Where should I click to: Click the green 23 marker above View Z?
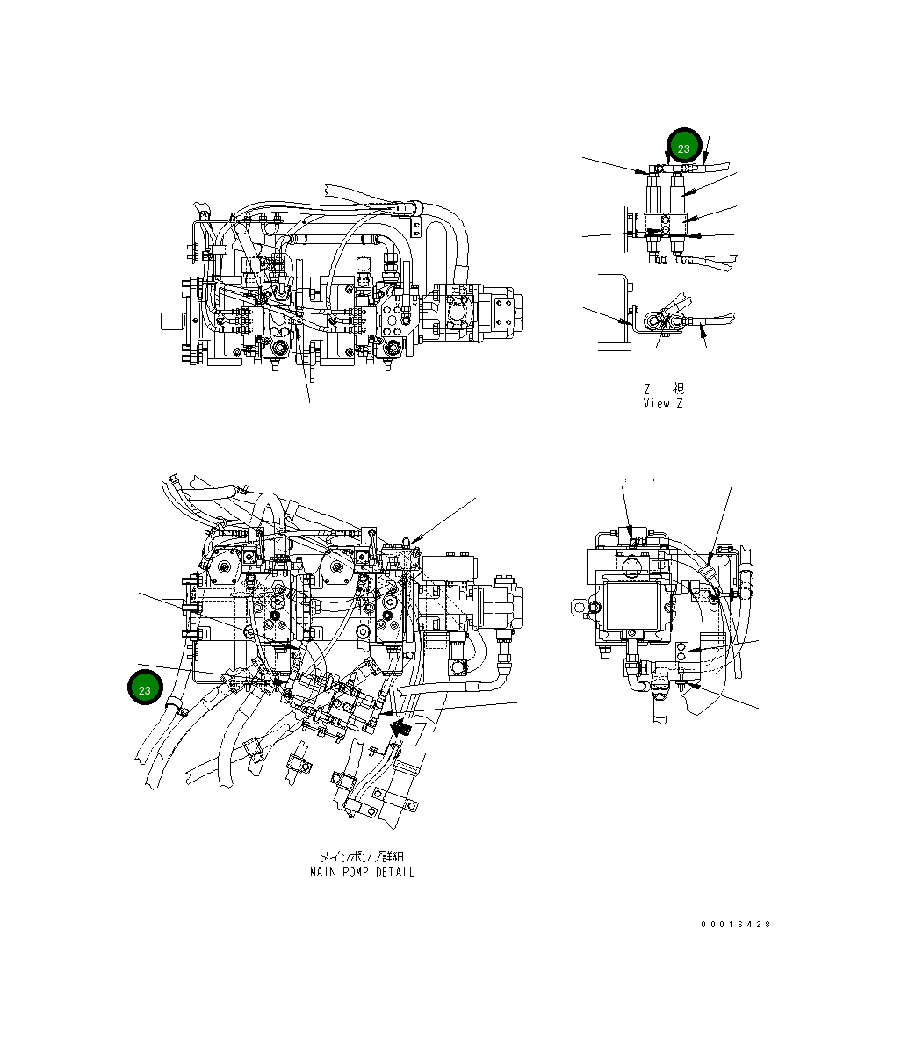pyautogui.click(x=684, y=147)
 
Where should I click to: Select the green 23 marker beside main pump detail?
pyautogui.click(x=145, y=689)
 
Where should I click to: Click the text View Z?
pyautogui.click(x=663, y=403)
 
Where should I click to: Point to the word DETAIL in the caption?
pyautogui.click(x=394, y=872)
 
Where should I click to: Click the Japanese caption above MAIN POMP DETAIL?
pyautogui.click(x=362, y=856)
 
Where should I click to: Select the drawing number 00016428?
pyautogui.click(x=736, y=925)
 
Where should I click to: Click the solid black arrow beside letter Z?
pyautogui.click(x=402, y=726)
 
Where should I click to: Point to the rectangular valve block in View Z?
pyautogui.click(x=664, y=227)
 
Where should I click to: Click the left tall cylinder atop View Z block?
pyautogui.click(x=655, y=189)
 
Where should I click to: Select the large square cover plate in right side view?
pyautogui.click(x=632, y=606)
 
